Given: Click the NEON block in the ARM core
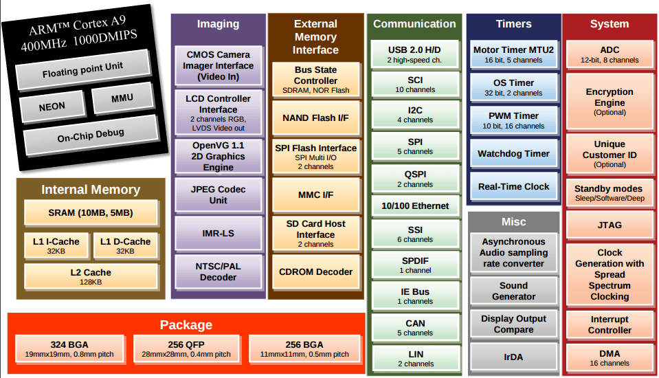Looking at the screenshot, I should (x=52, y=107).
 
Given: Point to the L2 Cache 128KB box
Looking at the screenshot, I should (x=90, y=276).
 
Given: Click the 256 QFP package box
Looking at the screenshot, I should (x=186, y=348).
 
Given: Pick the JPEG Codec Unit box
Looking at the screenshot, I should (x=218, y=194).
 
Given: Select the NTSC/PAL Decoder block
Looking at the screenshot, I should (x=218, y=271).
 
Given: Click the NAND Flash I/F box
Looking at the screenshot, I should (x=315, y=118).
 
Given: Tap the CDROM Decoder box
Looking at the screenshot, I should (x=315, y=271).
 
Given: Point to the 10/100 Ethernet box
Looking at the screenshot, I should (x=415, y=205).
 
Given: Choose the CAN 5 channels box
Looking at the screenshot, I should (x=415, y=327).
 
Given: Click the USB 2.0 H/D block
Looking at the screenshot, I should (x=415, y=54).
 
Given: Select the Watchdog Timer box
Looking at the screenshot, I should (x=513, y=153).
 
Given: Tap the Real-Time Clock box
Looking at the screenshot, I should (x=513, y=186).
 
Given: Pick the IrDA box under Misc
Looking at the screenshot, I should (x=513, y=357).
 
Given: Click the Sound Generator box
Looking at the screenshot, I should (x=513, y=291).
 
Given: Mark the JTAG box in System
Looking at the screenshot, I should (x=610, y=225).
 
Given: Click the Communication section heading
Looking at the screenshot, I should (x=414, y=24).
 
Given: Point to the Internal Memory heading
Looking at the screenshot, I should (x=91, y=190).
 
